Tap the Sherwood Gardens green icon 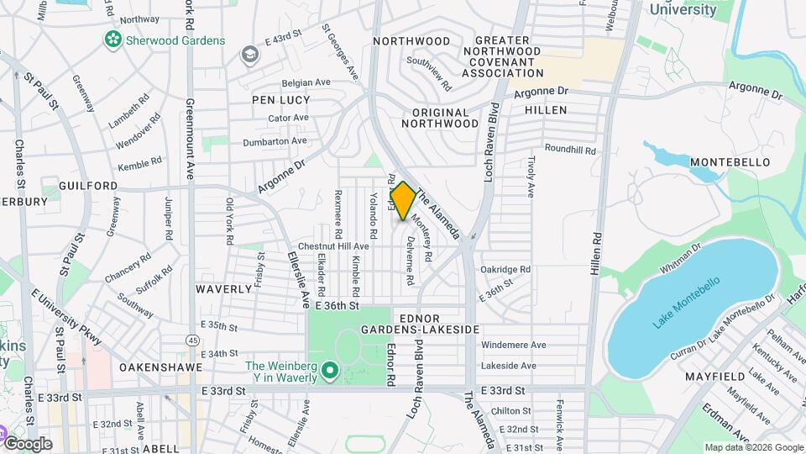(112, 40)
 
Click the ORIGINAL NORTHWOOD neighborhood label (440, 118)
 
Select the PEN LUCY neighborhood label (276, 99)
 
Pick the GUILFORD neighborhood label (88, 185)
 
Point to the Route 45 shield (193, 340)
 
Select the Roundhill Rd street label (570, 150)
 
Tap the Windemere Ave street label (514, 345)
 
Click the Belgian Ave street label (306, 82)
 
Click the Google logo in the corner (28, 443)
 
